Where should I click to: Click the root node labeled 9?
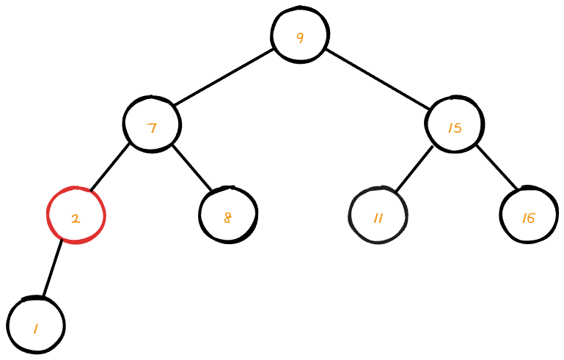tap(299, 35)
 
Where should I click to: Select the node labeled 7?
tap(152, 125)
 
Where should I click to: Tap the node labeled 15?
tap(454, 125)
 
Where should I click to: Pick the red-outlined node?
tap(76, 216)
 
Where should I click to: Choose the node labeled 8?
tap(228, 216)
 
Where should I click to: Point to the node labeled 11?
tap(378, 216)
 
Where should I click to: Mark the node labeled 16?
tap(528, 216)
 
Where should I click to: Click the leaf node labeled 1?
tap(36, 326)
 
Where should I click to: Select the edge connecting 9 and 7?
tap(224, 77)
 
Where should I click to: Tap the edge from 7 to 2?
tap(110, 166)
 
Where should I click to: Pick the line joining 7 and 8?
tap(191, 168)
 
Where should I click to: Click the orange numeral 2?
tap(76, 218)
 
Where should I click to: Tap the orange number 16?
tap(528, 218)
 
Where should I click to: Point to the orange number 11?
tap(378, 218)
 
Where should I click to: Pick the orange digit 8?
tap(227, 217)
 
